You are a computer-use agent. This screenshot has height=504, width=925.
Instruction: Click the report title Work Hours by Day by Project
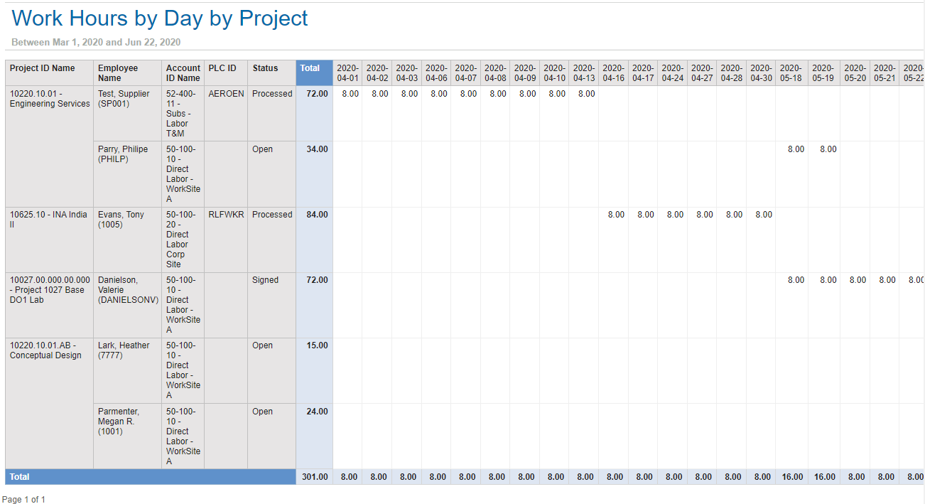(160, 18)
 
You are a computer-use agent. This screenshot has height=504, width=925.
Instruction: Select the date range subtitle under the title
(96, 43)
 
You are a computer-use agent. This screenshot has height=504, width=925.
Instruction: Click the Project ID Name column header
(43, 68)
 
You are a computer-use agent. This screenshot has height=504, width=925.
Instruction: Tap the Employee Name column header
(118, 73)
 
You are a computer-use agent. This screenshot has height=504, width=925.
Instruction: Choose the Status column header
(265, 68)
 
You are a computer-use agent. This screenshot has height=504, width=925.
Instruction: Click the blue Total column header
(310, 68)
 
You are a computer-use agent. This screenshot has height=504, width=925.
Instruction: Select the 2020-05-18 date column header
(791, 73)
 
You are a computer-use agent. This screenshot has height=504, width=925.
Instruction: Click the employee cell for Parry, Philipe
(123, 154)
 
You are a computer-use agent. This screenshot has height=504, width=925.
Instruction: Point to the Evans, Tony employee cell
(121, 220)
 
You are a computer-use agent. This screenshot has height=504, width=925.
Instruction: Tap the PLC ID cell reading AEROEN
(226, 94)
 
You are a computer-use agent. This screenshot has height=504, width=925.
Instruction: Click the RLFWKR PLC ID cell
(226, 215)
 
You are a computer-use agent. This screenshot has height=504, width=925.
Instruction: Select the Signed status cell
(265, 280)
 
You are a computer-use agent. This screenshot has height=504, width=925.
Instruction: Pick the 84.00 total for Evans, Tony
(317, 215)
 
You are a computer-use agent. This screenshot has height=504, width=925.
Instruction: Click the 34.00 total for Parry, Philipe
(317, 149)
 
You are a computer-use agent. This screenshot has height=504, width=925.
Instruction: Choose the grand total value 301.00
(315, 477)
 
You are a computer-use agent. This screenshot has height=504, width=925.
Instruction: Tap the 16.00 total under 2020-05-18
(792, 477)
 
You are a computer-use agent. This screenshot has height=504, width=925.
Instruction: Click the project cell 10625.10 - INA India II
(48, 220)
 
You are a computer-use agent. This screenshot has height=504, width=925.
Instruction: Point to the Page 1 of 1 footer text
(23, 500)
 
